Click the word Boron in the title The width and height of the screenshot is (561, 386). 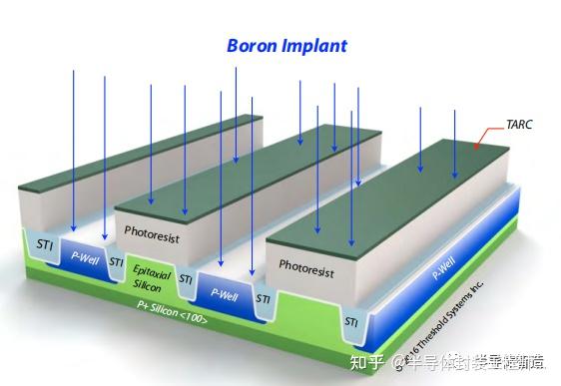(x=255, y=46)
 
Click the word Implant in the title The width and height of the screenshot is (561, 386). (x=315, y=47)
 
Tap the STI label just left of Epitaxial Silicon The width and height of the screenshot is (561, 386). (x=116, y=263)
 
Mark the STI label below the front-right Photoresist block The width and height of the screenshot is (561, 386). (x=351, y=322)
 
